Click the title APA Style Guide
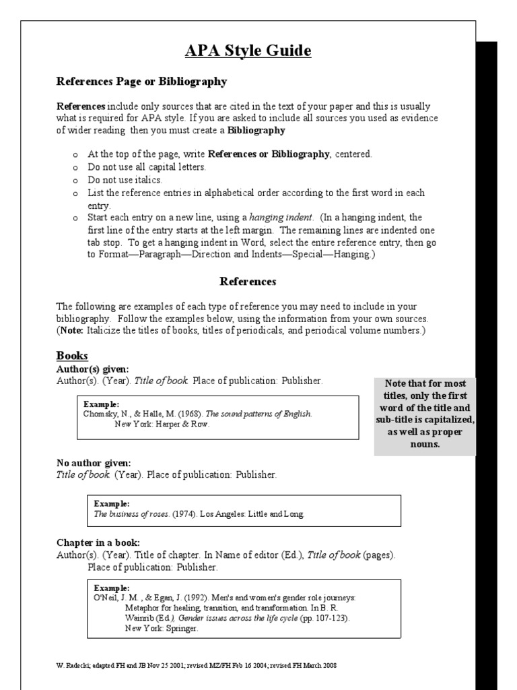point(248,51)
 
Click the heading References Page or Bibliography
point(141,82)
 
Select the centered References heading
point(248,281)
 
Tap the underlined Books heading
point(72,355)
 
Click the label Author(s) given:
point(92,369)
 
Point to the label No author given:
point(94,463)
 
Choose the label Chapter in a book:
point(98,542)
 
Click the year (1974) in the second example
point(184,514)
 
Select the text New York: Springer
point(162,628)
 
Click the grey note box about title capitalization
point(424,416)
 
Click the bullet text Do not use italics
point(125,180)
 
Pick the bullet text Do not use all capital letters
point(147,167)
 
